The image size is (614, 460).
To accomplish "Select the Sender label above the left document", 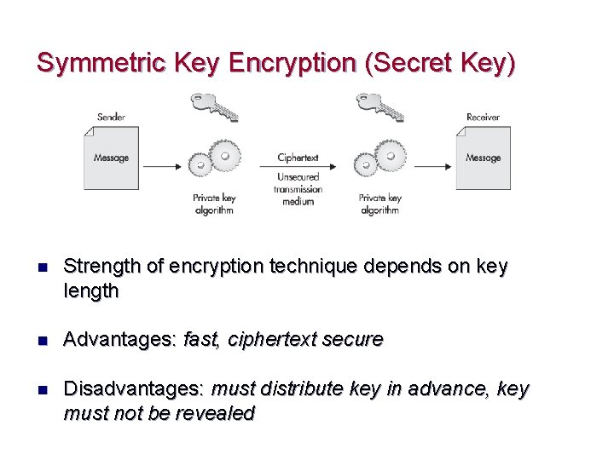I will coord(111,117).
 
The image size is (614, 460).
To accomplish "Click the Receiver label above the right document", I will coord(483,117).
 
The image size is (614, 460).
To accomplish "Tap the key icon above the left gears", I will coord(212,107).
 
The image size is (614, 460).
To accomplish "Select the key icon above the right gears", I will coord(379,107).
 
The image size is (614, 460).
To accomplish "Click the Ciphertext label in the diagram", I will coord(298,158).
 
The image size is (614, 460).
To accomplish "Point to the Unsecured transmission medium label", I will coord(298,189).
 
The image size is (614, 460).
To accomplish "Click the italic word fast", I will coord(200,340).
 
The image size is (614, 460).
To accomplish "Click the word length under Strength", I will coord(91,291).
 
